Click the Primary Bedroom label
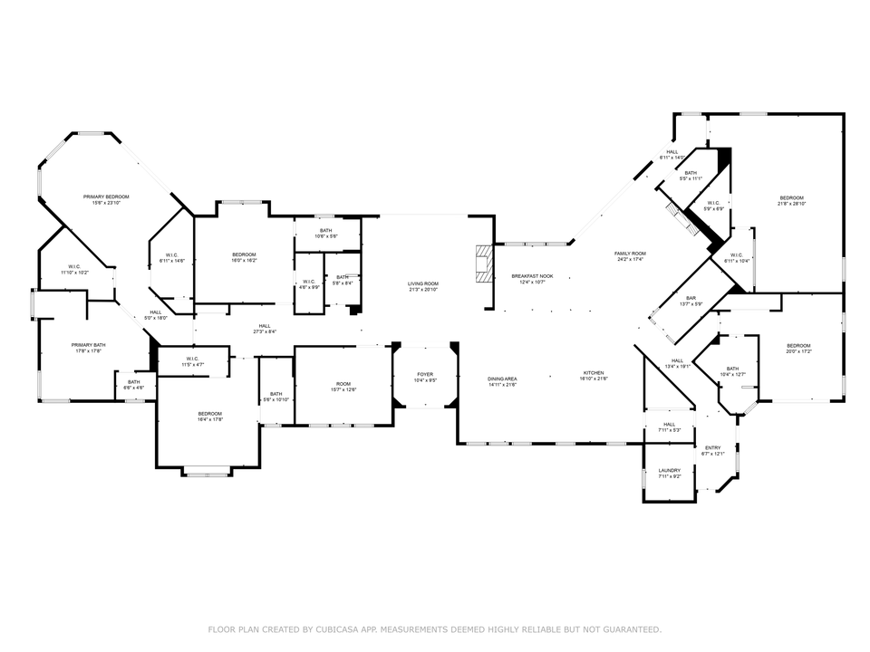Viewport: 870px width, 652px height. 106,197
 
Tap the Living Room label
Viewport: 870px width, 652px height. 422,283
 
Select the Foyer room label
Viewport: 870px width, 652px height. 426,374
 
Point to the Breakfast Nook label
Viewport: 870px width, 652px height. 532,275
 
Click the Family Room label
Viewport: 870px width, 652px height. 630,254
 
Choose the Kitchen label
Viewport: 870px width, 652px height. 594,373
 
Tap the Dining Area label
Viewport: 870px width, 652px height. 502,379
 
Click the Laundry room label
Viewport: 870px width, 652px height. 670,470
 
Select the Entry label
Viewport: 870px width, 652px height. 713,448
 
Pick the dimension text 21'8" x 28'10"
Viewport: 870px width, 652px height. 792,204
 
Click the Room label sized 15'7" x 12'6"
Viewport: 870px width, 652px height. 343,384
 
